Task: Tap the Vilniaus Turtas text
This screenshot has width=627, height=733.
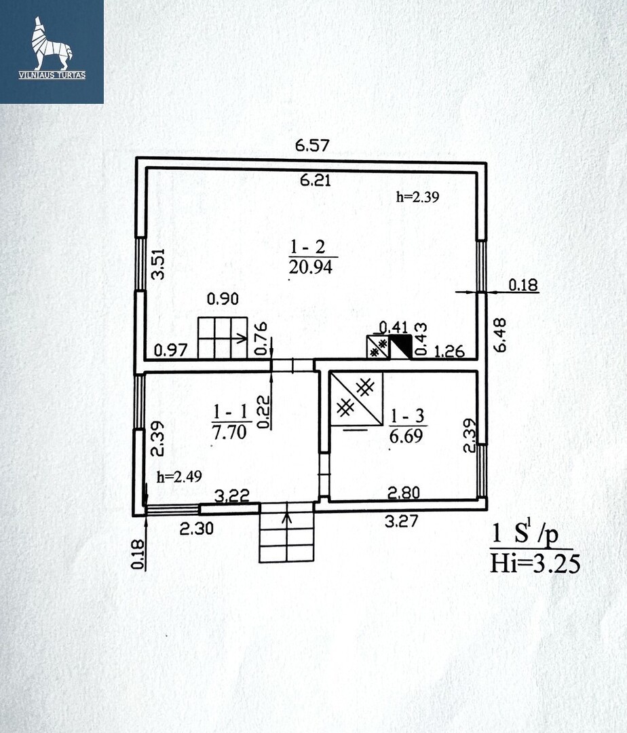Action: click(x=52, y=75)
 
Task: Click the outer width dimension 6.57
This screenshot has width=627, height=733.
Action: click(x=313, y=145)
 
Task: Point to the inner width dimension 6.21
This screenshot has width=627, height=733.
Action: click(x=316, y=180)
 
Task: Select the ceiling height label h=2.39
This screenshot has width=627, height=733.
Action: click(x=418, y=197)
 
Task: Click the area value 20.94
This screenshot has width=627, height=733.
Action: click(x=311, y=267)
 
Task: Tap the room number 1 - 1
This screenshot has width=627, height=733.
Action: click(x=230, y=412)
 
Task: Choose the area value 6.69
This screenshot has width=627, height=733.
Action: click(x=406, y=436)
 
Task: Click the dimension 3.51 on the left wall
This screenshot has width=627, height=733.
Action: click(x=159, y=264)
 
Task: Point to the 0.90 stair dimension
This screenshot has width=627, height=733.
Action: click(x=223, y=299)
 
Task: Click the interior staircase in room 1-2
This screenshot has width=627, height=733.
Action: click(x=223, y=338)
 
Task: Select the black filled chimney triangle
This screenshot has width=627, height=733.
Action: click(x=401, y=346)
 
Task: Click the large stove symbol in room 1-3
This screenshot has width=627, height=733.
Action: click(x=356, y=399)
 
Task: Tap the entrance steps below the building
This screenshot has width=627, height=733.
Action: click(x=286, y=533)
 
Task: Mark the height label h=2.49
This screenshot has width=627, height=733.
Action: click(x=180, y=477)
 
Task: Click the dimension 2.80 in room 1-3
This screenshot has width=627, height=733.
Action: click(x=404, y=492)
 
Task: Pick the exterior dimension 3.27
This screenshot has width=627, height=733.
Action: click(x=401, y=521)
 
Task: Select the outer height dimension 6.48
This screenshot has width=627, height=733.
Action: click(x=499, y=335)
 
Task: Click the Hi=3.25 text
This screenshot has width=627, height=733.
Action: click(x=535, y=563)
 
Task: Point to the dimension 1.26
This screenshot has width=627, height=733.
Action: click(x=449, y=351)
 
